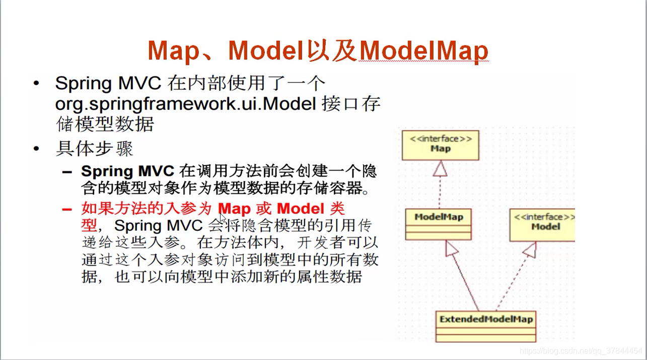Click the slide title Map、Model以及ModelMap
318,51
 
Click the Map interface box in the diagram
440,144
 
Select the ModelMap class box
439,224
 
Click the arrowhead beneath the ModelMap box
450,248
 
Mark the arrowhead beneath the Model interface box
529,249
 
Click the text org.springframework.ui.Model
185,104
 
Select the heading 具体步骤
94,149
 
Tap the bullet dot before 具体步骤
36,149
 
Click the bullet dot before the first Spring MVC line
36,84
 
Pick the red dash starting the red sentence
67,209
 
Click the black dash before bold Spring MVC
67,172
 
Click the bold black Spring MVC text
127,171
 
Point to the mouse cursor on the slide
223,217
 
